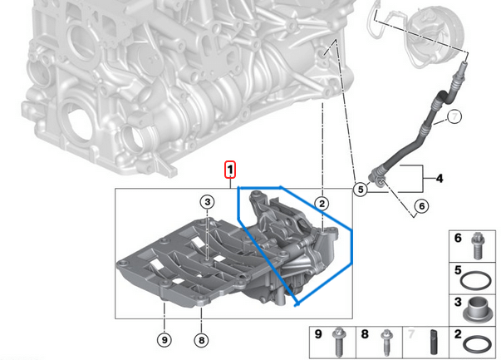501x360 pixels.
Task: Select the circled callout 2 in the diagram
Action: (322, 203)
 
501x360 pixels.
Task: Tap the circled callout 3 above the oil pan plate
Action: (206, 201)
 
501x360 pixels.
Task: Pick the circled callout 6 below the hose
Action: (420, 205)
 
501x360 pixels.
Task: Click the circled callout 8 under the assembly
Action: (200, 339)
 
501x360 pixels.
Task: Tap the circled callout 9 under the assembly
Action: (164, 339)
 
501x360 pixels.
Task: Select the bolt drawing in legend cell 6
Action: (477, 244)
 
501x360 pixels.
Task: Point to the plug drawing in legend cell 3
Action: (477, 308)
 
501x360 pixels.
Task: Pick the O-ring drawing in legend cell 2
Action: (477, 342)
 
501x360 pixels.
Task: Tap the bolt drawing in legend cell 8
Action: (386, 341)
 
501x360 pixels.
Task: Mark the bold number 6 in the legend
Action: (456, 239)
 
